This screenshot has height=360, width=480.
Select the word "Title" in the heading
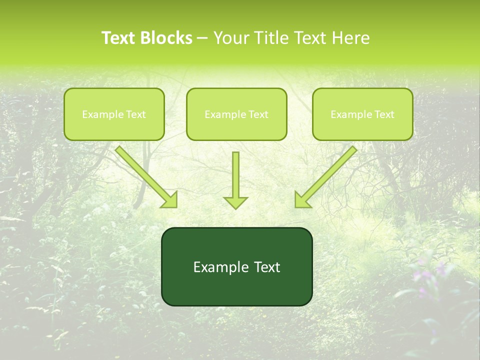(x=272, y=38)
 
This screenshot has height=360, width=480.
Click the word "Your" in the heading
(x=231, y=38)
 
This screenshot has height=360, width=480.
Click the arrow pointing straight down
(x=235, y=177)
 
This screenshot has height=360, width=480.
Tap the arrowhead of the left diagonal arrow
(x=170, y=200)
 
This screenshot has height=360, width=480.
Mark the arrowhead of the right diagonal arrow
(x=301, y=200)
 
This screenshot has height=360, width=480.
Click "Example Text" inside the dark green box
(x=236, y=267)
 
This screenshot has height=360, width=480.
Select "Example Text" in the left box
(x=114, y=114)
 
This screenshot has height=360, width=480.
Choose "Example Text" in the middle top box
(x=236, y=114)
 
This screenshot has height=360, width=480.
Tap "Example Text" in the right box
(x=362, y=114)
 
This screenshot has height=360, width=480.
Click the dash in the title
(x=202, y=38)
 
